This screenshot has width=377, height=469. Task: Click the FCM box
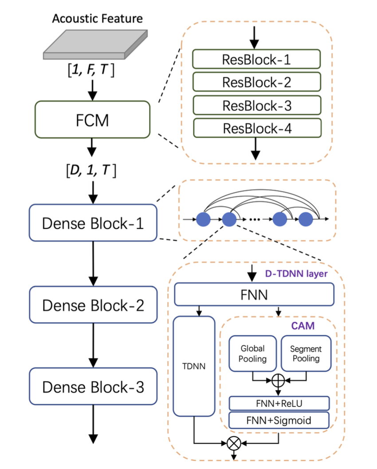[92, 119]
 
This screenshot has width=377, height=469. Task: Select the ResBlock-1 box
[256, 59]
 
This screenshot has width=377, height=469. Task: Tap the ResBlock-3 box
[257, 105]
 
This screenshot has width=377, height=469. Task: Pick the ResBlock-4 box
[257, 128]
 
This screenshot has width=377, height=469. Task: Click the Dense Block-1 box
[93, 223]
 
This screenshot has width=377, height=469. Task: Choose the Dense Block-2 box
[93, 305]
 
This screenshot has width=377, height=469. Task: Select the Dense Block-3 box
[93, 386]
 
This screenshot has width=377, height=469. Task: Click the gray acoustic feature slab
[95, 44]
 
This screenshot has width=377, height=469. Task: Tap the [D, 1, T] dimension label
[91, 171]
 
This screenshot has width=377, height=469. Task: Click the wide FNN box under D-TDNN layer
[254, 294]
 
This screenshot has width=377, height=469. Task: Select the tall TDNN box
[194, 366]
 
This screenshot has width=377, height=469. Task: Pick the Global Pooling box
[253, 354]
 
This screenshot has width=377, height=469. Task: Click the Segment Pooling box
[306, 354]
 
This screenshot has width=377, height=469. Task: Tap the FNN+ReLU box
[279, 404]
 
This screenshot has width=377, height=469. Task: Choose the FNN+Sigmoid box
[279, 420]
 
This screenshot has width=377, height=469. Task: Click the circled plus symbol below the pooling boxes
[278, 381]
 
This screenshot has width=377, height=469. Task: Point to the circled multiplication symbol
[234, 443]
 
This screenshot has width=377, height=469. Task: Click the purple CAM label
[303, 326]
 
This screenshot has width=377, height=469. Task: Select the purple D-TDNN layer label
[296, 274]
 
